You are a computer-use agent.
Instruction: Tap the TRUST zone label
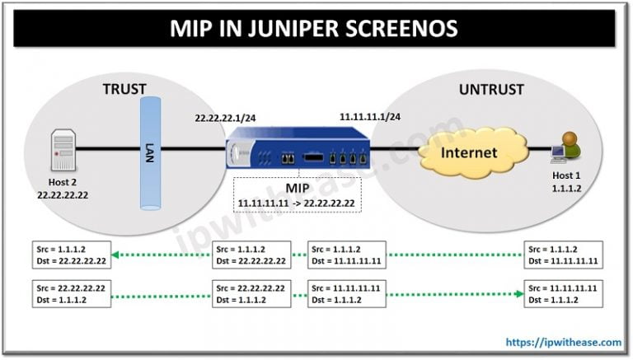(124, 87)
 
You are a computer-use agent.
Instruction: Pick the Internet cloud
(467, 152)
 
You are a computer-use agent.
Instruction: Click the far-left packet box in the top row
(70, 254)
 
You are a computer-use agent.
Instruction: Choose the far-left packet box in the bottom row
(70, 292)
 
